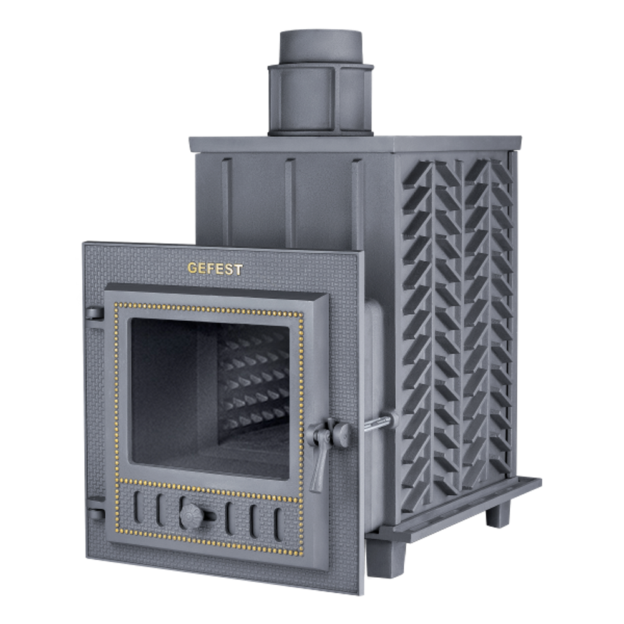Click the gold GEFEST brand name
point(215,268)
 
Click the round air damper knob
point(192,516)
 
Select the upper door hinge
point(94,313)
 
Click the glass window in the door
point(210,398)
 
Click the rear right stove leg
point(498,513)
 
